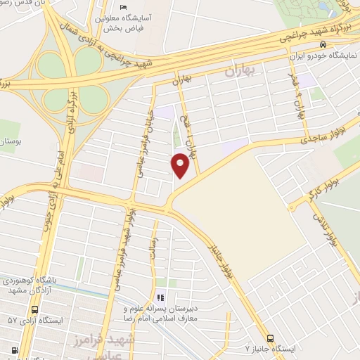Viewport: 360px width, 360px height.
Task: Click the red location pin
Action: [181, 165]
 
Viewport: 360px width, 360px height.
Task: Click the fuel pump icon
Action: [14, 350]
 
